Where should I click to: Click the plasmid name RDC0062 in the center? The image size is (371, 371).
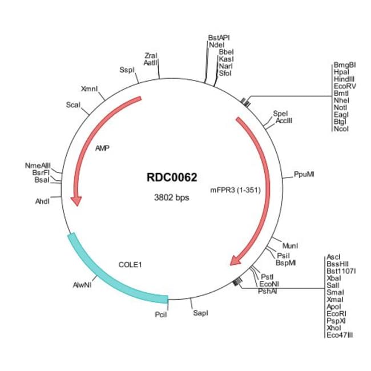click(x=172, y=177)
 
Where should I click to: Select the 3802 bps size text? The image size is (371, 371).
click(x=172, y=197)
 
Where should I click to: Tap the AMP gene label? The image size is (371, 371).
click(x=102, y=148)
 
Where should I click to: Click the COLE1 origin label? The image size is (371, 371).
click(x=130, y=264)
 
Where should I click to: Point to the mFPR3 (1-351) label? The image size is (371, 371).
click(x=235, y=190)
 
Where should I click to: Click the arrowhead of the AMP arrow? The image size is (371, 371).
click(x=76, y=201)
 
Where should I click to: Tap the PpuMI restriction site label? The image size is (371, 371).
click(x=304, y=175)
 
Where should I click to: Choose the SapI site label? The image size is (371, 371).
click(x=201, y=313)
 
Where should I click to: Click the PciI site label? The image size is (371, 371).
click(x=161, y=314)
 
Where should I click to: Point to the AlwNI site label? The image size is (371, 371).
click(x=82, y=285)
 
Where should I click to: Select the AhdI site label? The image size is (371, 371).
click(x=42, y=201)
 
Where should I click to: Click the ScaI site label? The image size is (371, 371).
click(x=73, y=104)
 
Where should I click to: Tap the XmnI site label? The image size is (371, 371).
click(x=89, y=89)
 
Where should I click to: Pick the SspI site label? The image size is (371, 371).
click(x=127, y=70)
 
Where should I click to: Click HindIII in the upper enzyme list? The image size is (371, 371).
click(x=344, y=79)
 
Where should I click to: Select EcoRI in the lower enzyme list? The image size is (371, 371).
click(x=336, y=314)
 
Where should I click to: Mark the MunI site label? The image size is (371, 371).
click(x=290, y=246)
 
